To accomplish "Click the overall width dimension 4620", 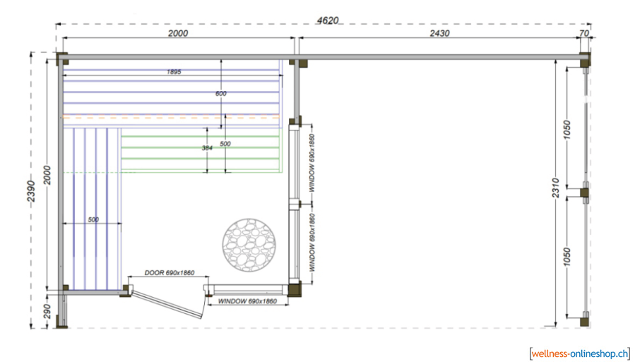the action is pyautogui.click(x=328, y=20).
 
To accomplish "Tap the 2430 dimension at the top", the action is pyautogui.click(x=439, y=33).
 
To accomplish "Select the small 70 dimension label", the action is pyautogui.click(x=583, y=33).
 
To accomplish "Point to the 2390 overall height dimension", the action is pyautogui.click(x=31, y=191).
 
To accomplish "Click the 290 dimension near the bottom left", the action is pyautogui.click(x=47, y=311).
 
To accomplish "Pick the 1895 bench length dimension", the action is pyautogui.click(x=174, y=71).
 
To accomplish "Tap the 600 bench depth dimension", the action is pyautogui.click(x=220, y=93).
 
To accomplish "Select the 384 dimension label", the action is pyautogui.click(x=207, y=148).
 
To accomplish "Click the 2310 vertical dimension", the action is pyautogui.click(x=555, y=188).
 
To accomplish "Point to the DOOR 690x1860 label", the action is pyautogui.click(x=170, y=272).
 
